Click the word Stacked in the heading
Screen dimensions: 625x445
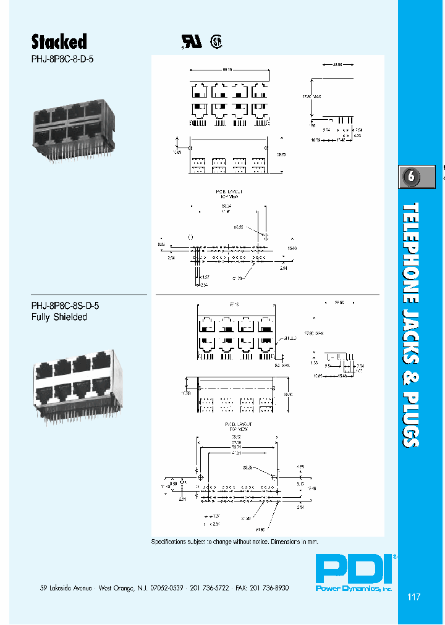pos(59,41)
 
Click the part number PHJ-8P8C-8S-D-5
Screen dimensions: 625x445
pos(66,305)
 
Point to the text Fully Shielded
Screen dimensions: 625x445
pos(59,317)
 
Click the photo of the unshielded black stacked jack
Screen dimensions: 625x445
pos(74,132)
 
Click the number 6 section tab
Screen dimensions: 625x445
pos(412,177)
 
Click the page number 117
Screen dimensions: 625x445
pos(414,597)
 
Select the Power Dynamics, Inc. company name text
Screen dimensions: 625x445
pos(354,589)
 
